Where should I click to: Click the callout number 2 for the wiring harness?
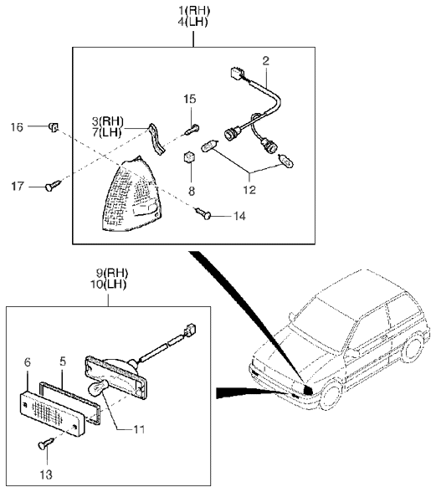(x=266, y=61)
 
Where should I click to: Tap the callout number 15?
(x=190, y=99)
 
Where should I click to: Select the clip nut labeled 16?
(x=54, y=127)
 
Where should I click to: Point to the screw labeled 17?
(x=53, y=185)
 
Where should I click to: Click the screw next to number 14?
(x=203, y=213)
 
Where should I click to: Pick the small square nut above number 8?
(x=189, y=157)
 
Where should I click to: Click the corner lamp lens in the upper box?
(x=132, y=196)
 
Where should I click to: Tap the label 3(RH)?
(x=107, y=121)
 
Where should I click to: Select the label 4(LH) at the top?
(x=194, y=23)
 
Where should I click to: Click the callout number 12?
(x=249, y=190)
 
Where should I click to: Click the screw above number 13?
(x=46, y=444)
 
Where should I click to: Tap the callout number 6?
(x=28, y=363)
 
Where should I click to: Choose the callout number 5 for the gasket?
(x=63, y=361)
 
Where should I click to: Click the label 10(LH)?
(x=108, y=284)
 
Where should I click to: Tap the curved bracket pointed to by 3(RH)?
(x=156, y=139)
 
